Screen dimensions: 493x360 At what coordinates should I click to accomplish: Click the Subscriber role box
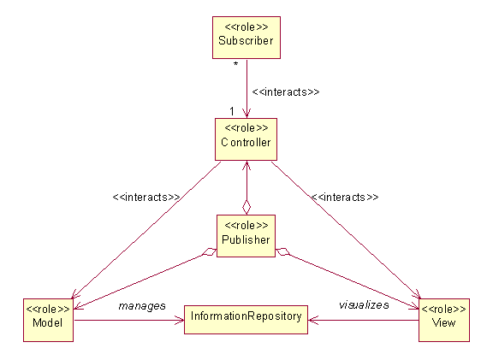(x=246, y=38)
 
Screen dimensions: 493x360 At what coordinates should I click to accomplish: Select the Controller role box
(x=246, y=139)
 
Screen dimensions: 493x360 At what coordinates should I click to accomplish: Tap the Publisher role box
(x=246, y=236)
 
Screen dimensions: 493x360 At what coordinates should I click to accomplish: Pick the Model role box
(x=48, y=320)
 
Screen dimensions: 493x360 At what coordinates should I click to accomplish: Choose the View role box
(x=444, y=320)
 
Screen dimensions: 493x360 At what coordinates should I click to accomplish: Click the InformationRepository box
(x=246, y=320)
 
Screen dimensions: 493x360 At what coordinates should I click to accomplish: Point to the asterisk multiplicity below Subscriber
(x=235, y=64)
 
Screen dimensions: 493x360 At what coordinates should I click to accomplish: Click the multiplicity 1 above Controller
(x=232, y=111)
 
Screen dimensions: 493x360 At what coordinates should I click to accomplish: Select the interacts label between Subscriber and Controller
(x=286, y=92)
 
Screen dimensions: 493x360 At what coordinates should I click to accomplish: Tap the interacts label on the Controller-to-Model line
(x=146, y=197)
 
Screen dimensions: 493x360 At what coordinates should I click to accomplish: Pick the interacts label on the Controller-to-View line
(x=345, y=197)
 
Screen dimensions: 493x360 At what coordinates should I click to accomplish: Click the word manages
(x=142, y=306)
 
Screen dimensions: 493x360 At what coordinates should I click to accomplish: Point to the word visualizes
(x=364, y=304)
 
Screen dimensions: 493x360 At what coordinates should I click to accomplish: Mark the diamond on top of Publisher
(x=246, y=207)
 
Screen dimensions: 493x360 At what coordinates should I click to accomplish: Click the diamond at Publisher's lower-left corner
(x=209, y=252)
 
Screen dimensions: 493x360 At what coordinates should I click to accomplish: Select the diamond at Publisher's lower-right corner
(x=282, y=252)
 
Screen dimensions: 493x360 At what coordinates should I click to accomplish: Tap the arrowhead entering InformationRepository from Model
(x=180, y=321)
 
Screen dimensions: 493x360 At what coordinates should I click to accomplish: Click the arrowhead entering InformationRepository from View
(x=313, y=321)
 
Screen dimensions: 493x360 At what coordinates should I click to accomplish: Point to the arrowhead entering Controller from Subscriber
(x=246, y=114)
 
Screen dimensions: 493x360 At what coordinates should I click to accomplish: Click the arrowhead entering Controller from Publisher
(x=246, y=166)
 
